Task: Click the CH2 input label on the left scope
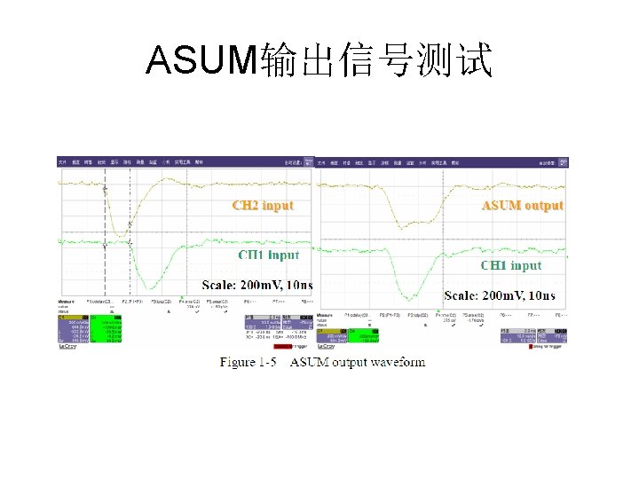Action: pyautogui.click(x=263, y=205)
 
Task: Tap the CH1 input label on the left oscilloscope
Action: pyautogui.click(x=268, y=255)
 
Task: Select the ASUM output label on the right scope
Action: pyautogui.click(x=522, y=205)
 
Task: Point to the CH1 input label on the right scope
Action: pyautogui.click(x=510, y=265)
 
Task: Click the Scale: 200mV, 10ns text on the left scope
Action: pyautogui.click(x=258, y=285)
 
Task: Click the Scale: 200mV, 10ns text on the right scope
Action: pyautogui.click(x=500, y=295)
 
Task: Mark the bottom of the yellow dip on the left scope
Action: pyautogui.click(x=119, y=235)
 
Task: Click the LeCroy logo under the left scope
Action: pyautogui.click(x=67, y=347)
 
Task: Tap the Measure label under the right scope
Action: pyautogui.click(x=329, y=314)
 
